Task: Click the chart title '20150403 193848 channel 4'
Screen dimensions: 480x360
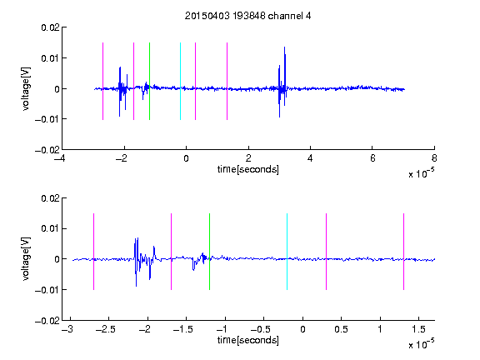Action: [x=248, y=16]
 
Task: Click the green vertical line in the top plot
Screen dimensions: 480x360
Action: [x=149, y=81]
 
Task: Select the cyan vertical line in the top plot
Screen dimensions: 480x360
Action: [x=180, y=81]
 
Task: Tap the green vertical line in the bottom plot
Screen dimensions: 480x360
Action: [x=209, y=252]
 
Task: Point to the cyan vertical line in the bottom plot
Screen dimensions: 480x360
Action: [x=287, y=252]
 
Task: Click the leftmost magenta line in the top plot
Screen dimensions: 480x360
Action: [x=102, y=81]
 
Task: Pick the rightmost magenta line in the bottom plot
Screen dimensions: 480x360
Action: [x=403, y=252]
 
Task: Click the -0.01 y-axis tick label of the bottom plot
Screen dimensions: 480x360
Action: [x=47, y=290]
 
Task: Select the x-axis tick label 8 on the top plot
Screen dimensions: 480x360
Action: [x=434, y=158]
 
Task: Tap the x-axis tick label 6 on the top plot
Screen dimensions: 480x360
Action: [x=372, y=158]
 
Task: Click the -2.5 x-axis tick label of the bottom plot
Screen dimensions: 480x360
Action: [x=105, y=329]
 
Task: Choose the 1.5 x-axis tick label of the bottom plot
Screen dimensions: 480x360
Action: [x=418, y=329]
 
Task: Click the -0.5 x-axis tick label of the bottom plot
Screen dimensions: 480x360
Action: [x=261, y=329]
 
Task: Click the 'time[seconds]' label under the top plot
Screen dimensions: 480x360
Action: [x=248, y=169]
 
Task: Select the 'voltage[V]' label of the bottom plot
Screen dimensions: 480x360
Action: [x=27, y=259]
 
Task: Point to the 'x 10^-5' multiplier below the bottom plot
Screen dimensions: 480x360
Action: [x=421, y=343]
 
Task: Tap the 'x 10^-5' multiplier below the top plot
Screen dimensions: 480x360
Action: [x=421, y=172]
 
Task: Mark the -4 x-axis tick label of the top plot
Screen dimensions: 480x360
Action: [x=60, y=158]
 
